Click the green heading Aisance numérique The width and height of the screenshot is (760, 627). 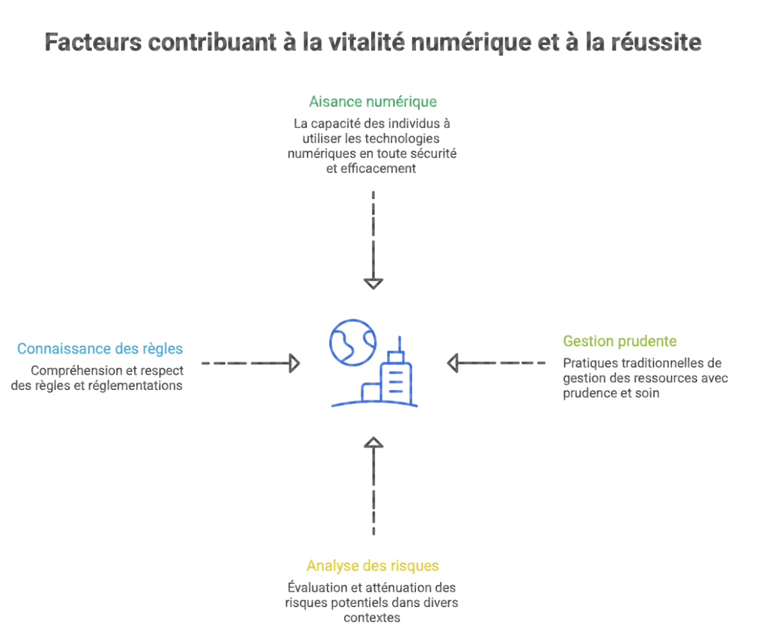pos(373,102)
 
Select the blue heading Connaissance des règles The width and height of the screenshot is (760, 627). pos(100,349)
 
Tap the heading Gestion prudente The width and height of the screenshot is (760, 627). pos(619,341)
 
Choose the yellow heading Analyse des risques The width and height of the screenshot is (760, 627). pos(373,566)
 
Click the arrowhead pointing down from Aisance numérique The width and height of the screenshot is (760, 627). pos(373,283)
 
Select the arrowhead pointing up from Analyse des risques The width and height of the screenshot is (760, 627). pos(373,442)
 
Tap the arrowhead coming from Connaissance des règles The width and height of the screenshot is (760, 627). pos(294,364)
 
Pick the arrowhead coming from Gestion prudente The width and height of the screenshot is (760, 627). pos(453,364)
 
